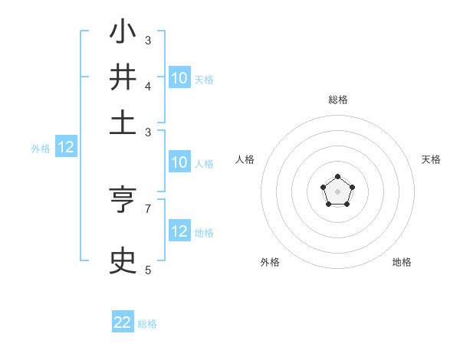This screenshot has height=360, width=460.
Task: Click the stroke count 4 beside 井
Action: click(x=148, y=86)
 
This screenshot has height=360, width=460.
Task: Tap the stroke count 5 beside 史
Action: click(x=148, y=270)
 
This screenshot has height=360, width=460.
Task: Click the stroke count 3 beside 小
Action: click(x=148, y=40)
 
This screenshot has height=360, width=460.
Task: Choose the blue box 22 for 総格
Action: click(x=123, y=322)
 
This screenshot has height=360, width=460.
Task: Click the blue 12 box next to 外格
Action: click(x=66, y=148)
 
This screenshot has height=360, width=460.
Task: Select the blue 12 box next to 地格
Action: click(x=179, y=231)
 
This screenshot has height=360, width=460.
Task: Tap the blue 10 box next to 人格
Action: click(x=179, y=162)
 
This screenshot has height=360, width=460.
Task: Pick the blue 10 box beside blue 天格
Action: click(x=179, y=78)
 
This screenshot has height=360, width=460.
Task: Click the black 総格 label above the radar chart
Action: click(x=337, y=100)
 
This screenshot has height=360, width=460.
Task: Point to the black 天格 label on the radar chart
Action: click(x=431, y=159)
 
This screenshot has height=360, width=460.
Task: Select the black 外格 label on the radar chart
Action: click(x=270, y=262)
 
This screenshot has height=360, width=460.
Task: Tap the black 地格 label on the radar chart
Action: click(x=402, y=262)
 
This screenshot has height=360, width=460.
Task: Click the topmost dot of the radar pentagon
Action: click(x=337, y=177)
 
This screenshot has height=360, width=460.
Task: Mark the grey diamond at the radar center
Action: click(x=337, y=191)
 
